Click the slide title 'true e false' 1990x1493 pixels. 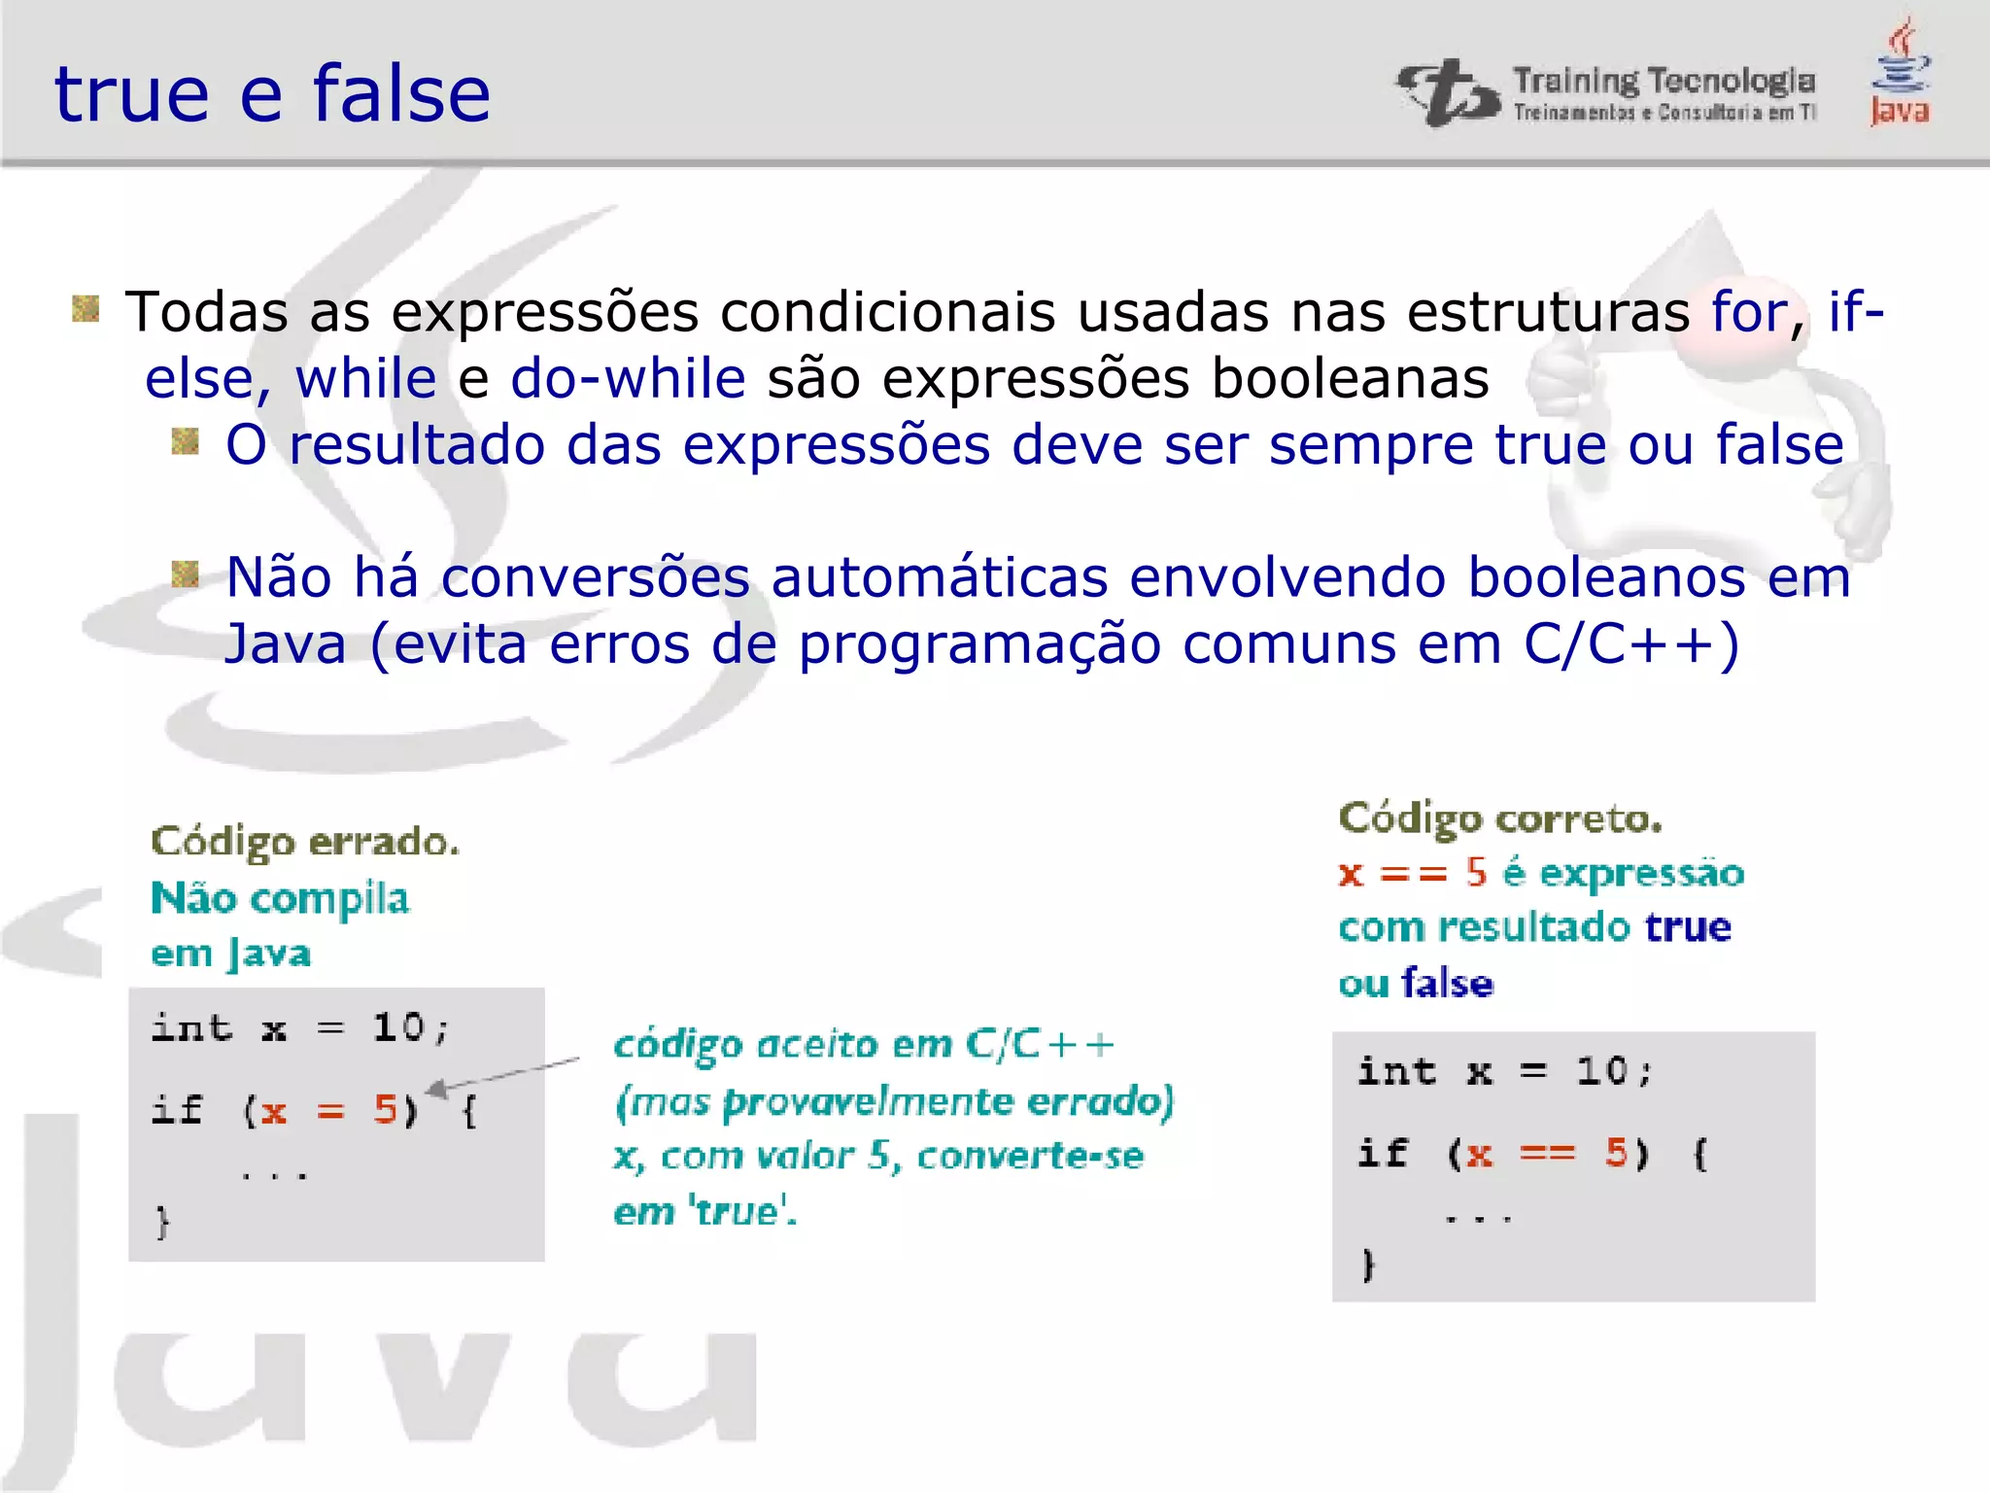pyautogui.click(x=272, y=94)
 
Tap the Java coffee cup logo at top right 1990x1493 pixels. pyautogui.click(x=1901, y=73)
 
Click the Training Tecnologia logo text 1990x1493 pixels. pyautogui.click(x=1664, y=83)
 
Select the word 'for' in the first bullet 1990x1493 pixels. pyautogui.click(x=1749, y=313)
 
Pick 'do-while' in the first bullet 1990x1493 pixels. pyautogui.click(x=628, y=379)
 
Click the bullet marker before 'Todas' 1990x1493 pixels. pyautogui.click(x=86, y=309)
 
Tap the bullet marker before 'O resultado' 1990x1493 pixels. pyautogui.click(x=185, y=442)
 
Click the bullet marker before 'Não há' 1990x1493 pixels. pyautogui.click(x=185, y=574)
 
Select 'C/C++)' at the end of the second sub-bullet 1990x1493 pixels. pyautogui.click(x=1630, y=644)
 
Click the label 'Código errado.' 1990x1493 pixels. pyautogui.click(x=305, y=842)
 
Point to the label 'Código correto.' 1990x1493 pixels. pyautogui.click(x=1500, y=818)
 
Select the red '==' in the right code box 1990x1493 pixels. pyautogui.click(x=1547, y=1154)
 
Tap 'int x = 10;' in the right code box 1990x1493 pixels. pyautogui.click(x=1504, y=1072)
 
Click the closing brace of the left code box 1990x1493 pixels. pyautogui.click(x=162, y=1222)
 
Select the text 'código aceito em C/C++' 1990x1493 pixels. pyautogui.click(x=863, y=1045)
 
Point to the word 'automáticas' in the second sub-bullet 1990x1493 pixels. pyautogui.click(x=939, y=578)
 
